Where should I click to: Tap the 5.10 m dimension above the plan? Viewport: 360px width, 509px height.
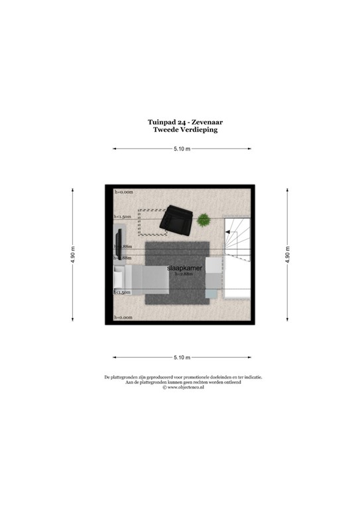click(x=182, y=149)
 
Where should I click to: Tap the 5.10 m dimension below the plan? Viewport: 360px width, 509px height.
click(x=182, y=357)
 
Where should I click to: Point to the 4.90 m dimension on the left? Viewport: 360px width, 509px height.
click(x=73, y=255)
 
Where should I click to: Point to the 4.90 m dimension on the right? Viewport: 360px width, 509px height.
click(x=288, y=255)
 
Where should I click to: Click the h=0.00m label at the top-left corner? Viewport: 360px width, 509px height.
click(x=123, y=192)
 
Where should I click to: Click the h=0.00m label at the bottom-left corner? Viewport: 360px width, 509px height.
click(x=123, y=317)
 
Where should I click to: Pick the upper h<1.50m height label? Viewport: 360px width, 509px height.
click(x=123, y=217)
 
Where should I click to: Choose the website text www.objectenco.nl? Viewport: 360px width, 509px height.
click(x=184, y=388)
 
